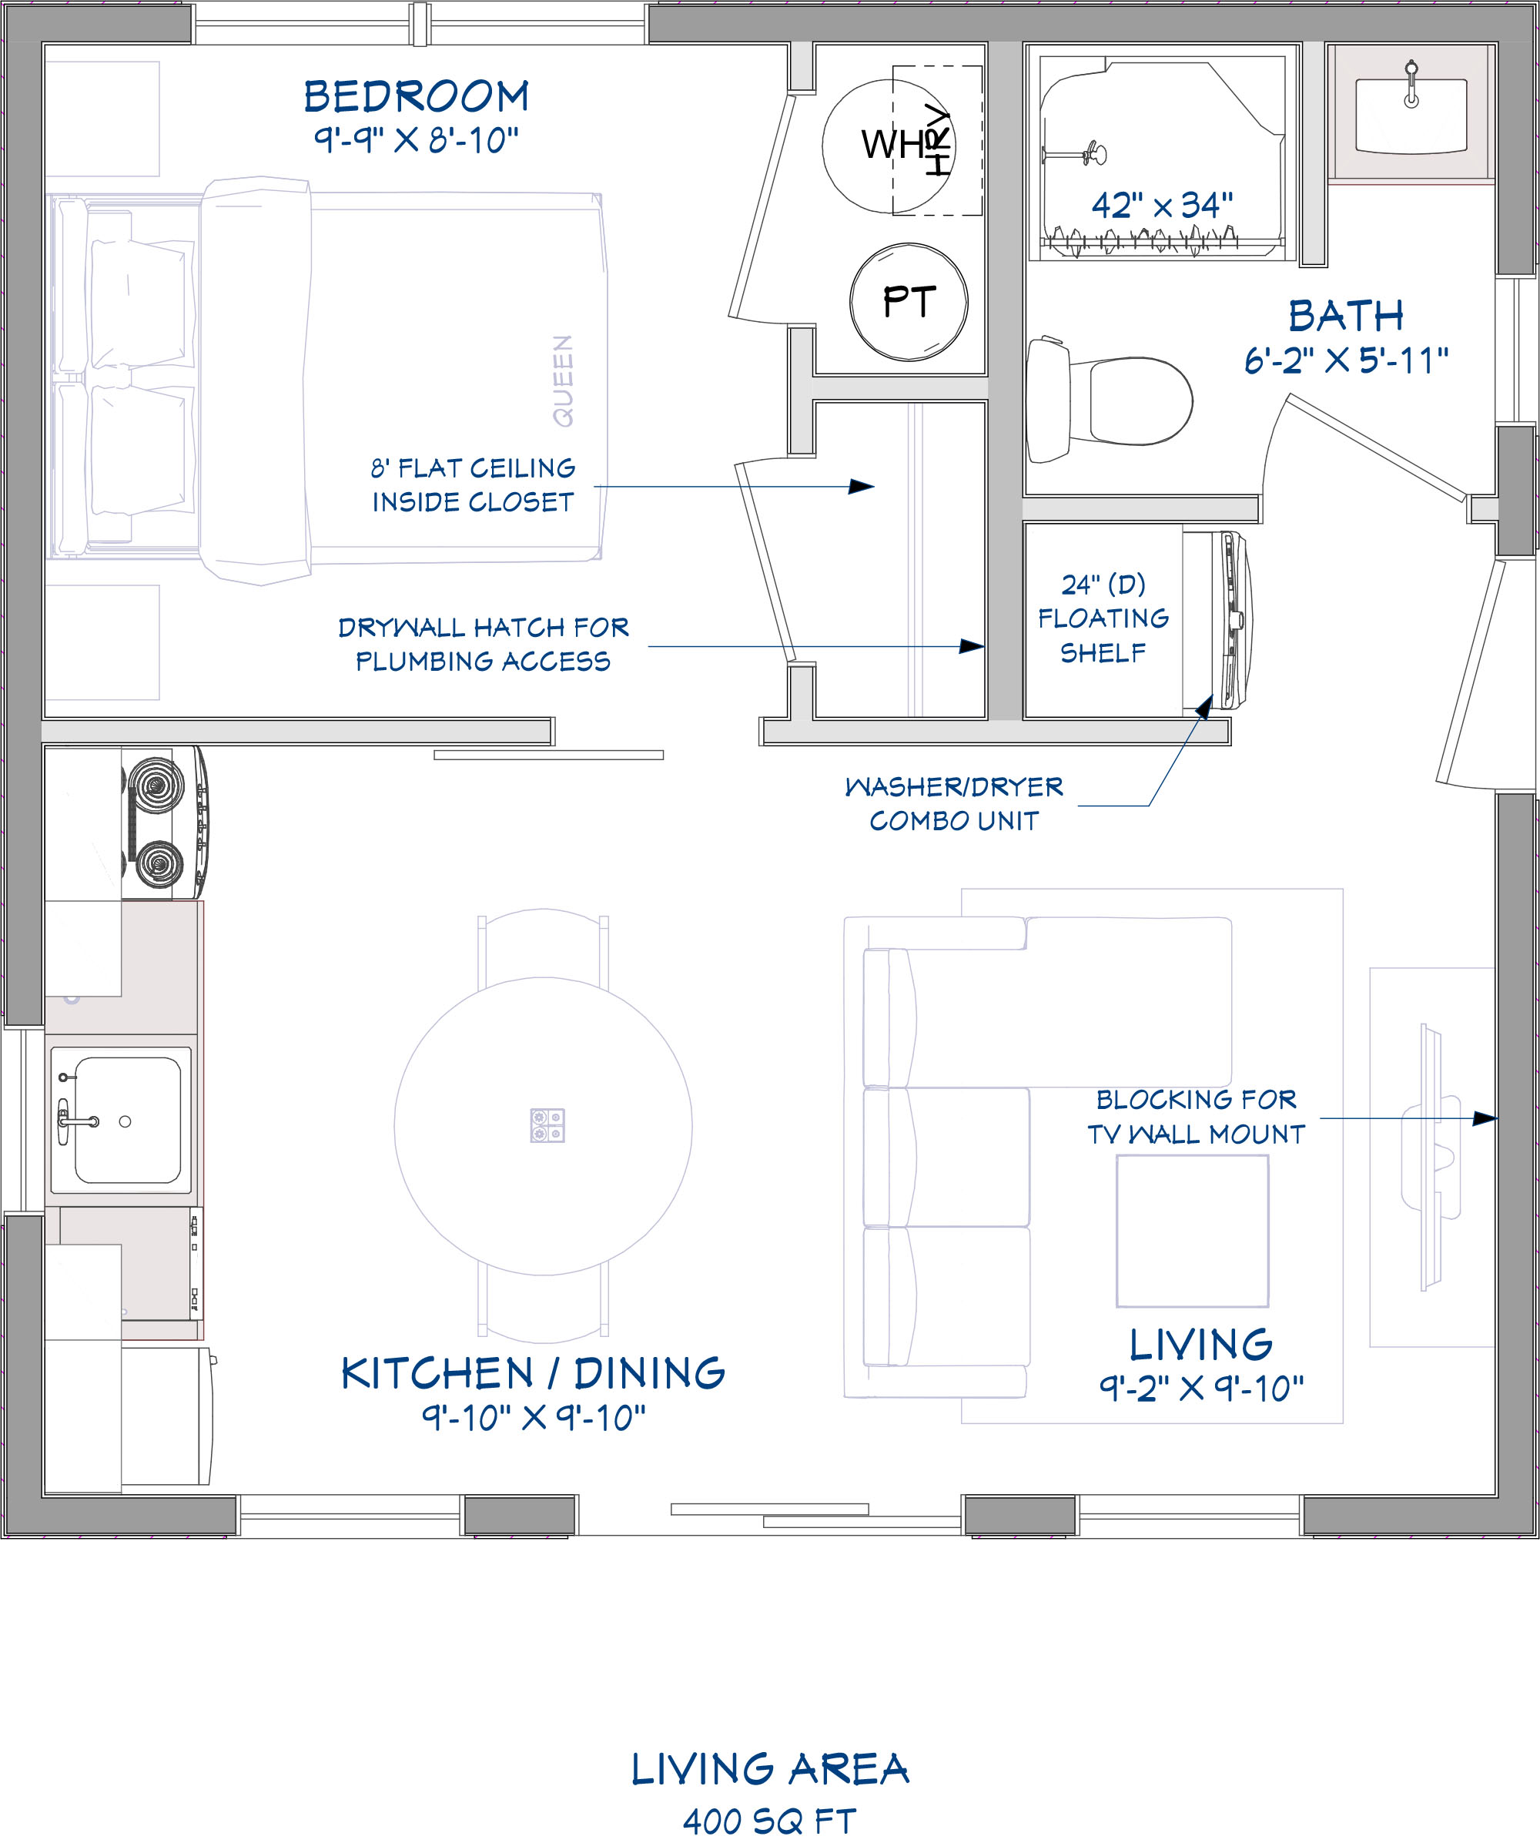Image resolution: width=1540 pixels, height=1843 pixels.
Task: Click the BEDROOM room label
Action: tap(416, 96)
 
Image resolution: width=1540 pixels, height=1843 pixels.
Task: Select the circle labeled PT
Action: tap(909, 302)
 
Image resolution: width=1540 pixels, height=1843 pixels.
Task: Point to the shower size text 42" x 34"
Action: tap(1162, 206)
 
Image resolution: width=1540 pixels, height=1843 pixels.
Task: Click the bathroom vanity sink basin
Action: tap(1411, 116)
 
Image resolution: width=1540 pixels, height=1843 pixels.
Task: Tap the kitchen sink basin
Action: tap(128, 1120)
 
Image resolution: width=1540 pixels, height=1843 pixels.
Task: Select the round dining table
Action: tap(543, 1126)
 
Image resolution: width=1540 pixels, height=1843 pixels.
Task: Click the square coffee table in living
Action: tap(1193, 1231)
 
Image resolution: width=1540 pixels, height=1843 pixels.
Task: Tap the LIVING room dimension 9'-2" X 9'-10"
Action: tap(1201, 1388)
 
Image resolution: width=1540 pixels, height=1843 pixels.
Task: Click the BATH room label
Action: tap(1346, 316)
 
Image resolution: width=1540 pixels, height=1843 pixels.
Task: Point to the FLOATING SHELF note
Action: tap(1103, 618)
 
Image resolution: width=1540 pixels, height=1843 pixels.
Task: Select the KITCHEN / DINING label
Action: tap(534, 1373)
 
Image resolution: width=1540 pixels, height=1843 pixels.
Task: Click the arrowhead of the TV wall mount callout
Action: tap(1486, 1118)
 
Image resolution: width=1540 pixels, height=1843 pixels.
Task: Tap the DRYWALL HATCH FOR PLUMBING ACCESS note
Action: tap(484, 644)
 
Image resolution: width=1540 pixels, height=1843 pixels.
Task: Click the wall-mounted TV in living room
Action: tap(1431, 1157)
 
